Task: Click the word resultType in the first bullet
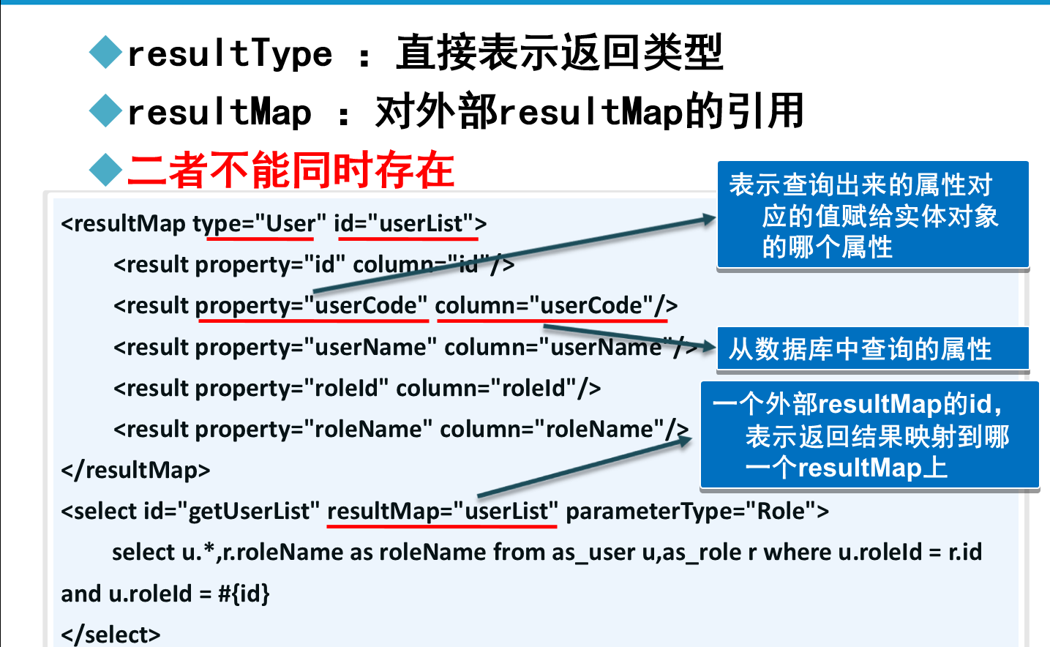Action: tap(230, 54)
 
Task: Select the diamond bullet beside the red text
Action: tap(105, 170)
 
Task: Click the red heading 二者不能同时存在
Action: tap(290, 170)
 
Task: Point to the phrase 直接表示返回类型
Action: tap(559, 53)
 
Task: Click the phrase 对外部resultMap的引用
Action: tap(589, 112)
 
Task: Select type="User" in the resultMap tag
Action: tap(260, 223)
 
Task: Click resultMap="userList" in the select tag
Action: tap(442, 511)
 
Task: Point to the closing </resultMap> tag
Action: tap(136, 470)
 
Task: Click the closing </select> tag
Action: tap(111, 634)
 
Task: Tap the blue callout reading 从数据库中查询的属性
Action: tap(872, 349)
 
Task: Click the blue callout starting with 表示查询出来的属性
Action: tap(872, 215)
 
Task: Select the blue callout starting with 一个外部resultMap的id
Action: tap(869, 435)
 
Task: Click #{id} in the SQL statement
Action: tap(244, 593)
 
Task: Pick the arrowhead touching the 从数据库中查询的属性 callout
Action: tap(707, 347)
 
